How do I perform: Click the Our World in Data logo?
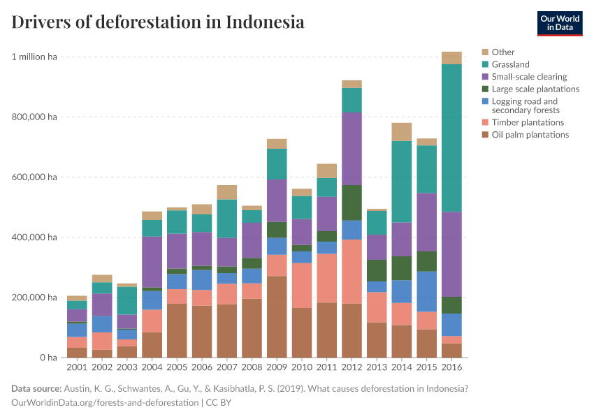click(x=559, y=23)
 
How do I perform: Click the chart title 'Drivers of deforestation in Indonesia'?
click(x=158, y=22)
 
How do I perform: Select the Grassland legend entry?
click(x=510, y=64)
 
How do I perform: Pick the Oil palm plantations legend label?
click(x=530, y=135)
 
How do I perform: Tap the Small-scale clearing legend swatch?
click(x=485, y=77)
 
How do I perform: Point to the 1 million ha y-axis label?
click(x=34, y=57)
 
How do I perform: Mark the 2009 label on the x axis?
click(x=277, y=367)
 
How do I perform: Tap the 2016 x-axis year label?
click(x=451, y=367)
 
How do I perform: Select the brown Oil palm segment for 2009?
click(x=277, y=317)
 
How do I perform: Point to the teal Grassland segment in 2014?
click(x=402, y=182)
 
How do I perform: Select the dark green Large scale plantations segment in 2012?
click(x=352, y=203)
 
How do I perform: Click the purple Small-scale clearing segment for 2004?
click(x=152, y=262)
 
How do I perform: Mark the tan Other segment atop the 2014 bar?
click(x=402, y=132)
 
